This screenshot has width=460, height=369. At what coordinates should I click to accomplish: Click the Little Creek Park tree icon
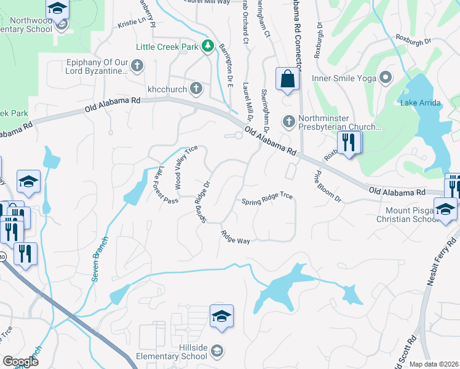point(208,46)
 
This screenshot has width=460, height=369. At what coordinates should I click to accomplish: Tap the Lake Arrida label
point(421,103)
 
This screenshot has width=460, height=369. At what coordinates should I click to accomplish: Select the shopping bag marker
point(287,79)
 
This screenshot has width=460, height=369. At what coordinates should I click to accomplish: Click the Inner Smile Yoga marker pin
point(386,77)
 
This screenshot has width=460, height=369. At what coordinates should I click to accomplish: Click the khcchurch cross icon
point(196,89)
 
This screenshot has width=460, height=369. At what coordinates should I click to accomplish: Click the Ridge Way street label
point(236,237)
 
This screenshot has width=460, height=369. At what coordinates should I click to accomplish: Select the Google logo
point(20,361)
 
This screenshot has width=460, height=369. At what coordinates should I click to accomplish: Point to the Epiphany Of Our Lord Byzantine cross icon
point(137,65)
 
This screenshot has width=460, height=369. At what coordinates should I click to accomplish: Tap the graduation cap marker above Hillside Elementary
point(221,315)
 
